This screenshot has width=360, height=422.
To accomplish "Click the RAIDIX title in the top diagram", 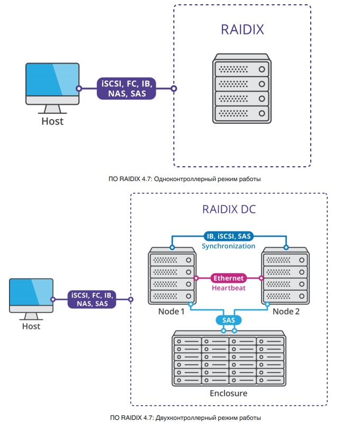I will click(x=242, y=29).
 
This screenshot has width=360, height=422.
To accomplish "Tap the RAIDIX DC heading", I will click(x=229, y=209).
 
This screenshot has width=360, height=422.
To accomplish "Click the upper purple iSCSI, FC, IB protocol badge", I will click(x=127, y=88).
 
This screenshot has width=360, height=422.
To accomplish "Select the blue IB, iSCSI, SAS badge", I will click(x=229, y=236).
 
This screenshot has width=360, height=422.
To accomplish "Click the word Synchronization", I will click(x=229, y=246).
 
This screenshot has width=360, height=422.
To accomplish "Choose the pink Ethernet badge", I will click(x=228, y=278).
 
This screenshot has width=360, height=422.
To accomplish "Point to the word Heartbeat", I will click(x=228, y=288).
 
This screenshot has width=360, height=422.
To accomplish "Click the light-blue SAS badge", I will click(x=229, y=320).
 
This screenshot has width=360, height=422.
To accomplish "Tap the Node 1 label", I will click(x=172, y=311).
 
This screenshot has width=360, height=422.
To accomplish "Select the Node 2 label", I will click(x=286, y=311).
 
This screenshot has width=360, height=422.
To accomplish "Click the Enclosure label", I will click(x=228, y=393).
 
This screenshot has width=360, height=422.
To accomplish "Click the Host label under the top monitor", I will click(x=52, y=122).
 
